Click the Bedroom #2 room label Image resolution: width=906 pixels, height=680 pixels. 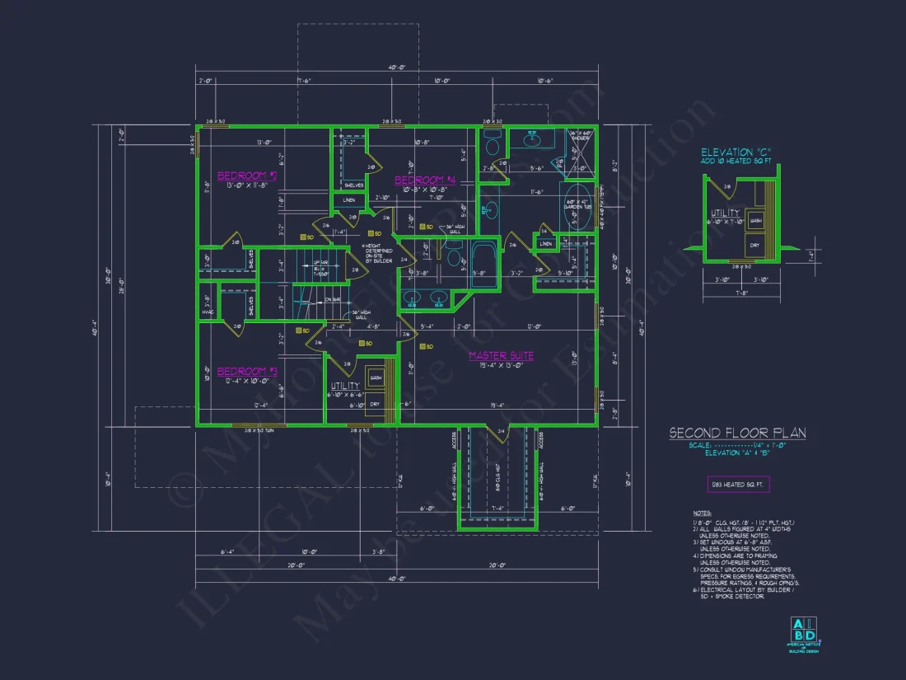[246, 176]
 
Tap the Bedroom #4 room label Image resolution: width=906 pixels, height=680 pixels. [425, 181]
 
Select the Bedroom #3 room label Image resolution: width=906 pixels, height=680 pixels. [247, 372]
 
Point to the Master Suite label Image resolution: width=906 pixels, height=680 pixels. [501, 356]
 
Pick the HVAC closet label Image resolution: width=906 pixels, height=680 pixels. [207, 312]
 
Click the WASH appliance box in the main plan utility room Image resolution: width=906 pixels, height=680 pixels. [376, 378]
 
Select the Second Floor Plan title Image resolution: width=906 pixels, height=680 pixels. [736, 433]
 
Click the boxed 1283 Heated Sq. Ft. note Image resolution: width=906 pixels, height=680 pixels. [738, 485]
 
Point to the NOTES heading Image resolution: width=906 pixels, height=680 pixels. [702, 513]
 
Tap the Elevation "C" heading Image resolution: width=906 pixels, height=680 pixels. [738, 152]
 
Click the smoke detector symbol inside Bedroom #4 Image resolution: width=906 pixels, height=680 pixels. [420, 227]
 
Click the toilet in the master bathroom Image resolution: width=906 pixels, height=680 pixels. [493, 146]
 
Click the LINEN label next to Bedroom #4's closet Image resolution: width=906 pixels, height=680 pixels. [349, 200]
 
